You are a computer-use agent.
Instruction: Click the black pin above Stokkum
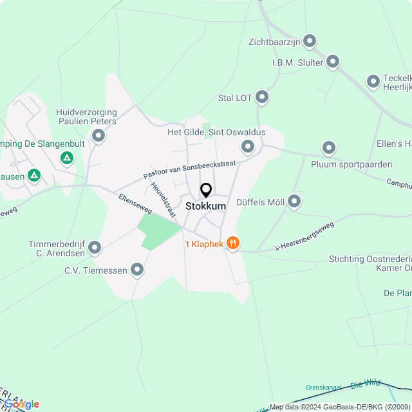click(206, 191)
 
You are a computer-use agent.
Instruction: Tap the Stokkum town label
click(206, 206)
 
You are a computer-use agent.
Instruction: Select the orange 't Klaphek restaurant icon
click(233, 243)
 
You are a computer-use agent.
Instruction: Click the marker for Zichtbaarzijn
click(310, 42)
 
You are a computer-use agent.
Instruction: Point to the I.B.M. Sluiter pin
click(333, 62)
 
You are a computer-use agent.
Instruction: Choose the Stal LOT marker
click(262, 98)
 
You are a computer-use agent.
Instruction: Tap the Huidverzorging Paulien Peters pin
click(98, 135)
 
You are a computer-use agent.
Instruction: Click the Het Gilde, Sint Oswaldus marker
click(248, 146)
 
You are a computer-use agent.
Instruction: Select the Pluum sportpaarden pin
click(329, 149)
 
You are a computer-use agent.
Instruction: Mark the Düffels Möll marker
click(294, 202)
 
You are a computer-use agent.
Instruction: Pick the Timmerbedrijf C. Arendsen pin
click(95, 247)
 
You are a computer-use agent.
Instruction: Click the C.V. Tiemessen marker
click(137, 270)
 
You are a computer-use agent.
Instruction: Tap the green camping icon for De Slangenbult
click(66, 158)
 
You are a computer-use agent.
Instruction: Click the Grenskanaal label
click(324, 388)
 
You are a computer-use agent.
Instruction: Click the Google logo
click(21, 404)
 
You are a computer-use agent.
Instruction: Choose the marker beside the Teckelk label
click(373, 82)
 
